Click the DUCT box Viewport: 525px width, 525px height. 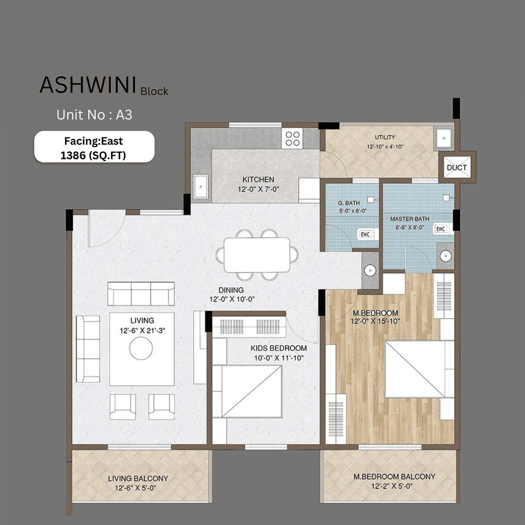(457, 167)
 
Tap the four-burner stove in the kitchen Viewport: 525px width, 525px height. (292, 139)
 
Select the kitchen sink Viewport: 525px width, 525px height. (201, 187)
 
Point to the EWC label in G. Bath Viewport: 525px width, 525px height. (365, 234)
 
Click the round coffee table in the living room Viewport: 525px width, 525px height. (141, 349)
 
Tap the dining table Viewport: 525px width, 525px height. (257, 255)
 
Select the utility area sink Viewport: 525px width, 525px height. (443, 138)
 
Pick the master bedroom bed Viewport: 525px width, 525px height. (415, 370)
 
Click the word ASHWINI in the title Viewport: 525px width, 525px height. (88, 85)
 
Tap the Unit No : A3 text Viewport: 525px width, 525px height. (94, 115)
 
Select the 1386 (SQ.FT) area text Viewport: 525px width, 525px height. (93, 155)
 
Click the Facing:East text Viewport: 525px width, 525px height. (94, 141)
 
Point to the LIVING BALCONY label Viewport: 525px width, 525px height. (138, 478)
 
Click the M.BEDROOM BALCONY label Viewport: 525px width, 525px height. (394, 477)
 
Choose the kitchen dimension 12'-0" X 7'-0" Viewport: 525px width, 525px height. (258, 189)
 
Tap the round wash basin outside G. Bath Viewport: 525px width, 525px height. (370, 270)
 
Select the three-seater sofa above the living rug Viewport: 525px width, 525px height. (141, 294)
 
